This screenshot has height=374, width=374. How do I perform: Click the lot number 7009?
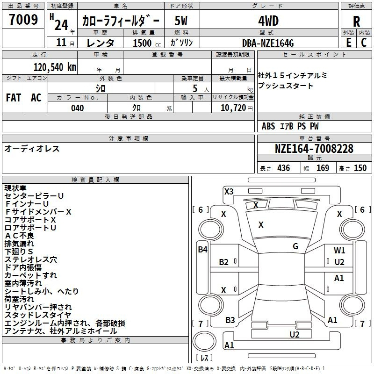point(23,20)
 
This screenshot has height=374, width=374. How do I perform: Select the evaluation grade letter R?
point(356,22)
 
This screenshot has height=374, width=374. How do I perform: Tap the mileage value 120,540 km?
point(55,67)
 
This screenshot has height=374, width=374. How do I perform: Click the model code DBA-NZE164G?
point(268,43)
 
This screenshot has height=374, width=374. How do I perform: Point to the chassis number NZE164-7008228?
point(314,149)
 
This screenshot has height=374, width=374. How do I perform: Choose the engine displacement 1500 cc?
point(147,43)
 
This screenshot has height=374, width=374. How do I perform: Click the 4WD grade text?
point(268,21)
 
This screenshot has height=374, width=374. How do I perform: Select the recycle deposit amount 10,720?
point(233,108)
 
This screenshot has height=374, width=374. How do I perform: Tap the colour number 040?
point(78,108)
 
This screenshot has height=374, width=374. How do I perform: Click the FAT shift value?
point(14,98)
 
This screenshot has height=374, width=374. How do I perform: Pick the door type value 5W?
point(181,21)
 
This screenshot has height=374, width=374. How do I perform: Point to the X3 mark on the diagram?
point(229,192)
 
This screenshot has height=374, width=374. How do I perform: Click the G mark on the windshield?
point(295,246)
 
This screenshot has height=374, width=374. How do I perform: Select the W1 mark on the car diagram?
point(339,251)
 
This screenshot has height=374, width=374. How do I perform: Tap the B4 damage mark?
point(202,250)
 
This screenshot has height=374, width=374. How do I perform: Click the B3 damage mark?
point(230,320)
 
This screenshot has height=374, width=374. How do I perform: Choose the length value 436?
point(284,168)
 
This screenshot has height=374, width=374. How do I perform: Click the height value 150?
point(360,168)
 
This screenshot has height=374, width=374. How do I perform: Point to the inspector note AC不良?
point(19,236)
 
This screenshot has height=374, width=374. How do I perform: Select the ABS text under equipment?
point(268,126)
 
